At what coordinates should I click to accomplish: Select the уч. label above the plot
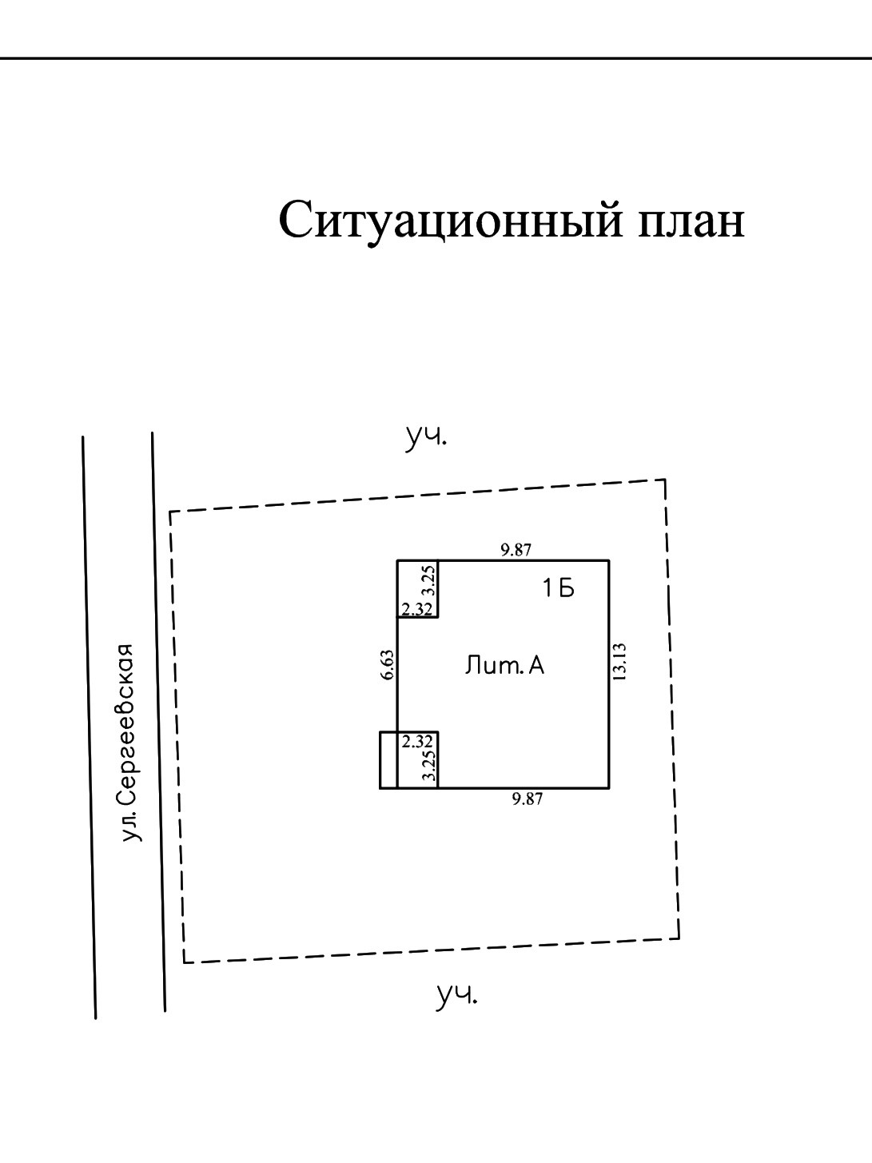coord(426,437)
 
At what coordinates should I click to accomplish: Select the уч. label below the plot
coord(456,995)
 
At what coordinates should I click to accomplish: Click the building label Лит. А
coord(504,666)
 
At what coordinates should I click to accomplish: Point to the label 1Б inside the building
coord(559,590)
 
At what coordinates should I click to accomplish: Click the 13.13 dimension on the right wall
coord(620,662)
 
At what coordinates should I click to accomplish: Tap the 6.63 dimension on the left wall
coord(388,665)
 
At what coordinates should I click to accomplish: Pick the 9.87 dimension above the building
coord(516,550)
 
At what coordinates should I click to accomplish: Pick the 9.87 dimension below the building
coord(528,798)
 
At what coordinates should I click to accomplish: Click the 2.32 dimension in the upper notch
coord(417,609)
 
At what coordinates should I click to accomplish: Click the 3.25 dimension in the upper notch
coord(429,580)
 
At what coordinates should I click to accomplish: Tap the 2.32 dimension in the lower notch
coord(417,741)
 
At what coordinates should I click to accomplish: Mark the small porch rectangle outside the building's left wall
coord(388,759)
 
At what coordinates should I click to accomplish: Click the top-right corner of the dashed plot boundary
coord(665,480)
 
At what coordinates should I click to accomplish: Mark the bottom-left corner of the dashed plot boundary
coord(184,962)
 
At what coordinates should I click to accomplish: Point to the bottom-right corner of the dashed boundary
coord(679,938)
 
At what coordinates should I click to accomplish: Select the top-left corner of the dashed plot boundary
coord(170,512)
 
